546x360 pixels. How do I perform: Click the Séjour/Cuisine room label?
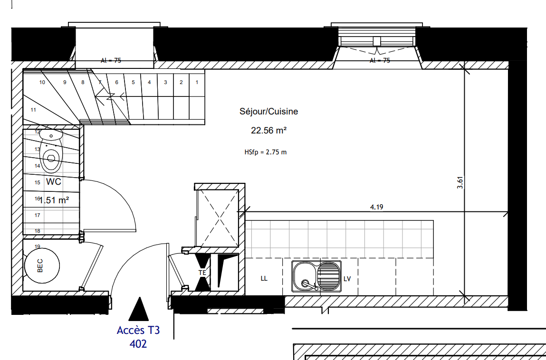click(x=268, y=112)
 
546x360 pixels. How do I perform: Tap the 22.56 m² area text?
click(x=268, y=131)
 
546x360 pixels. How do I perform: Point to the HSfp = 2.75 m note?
click(x=265, y=152)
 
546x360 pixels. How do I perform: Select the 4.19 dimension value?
click(x=376, y=207)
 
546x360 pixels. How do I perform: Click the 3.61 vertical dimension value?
click(x=460, y=183)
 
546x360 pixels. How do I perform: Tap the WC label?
click(x=54, y=182)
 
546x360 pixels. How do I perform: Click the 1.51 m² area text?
click(x=54, y=200)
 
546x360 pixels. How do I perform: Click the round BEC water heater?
click(x=42, y=265)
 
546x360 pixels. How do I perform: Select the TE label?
click(x=202, y=273)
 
